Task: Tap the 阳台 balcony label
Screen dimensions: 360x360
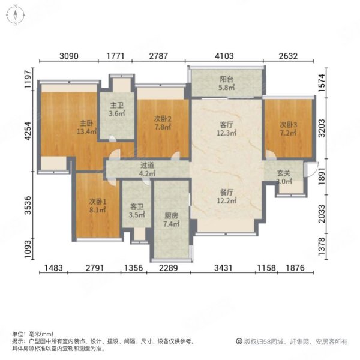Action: [226, 78]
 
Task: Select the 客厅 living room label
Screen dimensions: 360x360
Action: [226, 125]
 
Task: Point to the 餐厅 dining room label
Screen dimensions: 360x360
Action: [226, 193]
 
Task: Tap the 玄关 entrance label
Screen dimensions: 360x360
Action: [284, 174]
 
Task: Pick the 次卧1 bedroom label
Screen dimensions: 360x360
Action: [97, 202]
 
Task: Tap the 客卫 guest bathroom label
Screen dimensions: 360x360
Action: [137, 206]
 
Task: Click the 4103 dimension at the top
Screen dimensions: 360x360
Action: [226, 57]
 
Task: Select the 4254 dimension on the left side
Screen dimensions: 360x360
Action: [28, 131]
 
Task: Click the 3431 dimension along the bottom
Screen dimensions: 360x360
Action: [227, 268]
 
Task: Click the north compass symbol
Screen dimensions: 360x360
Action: [14, 15]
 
